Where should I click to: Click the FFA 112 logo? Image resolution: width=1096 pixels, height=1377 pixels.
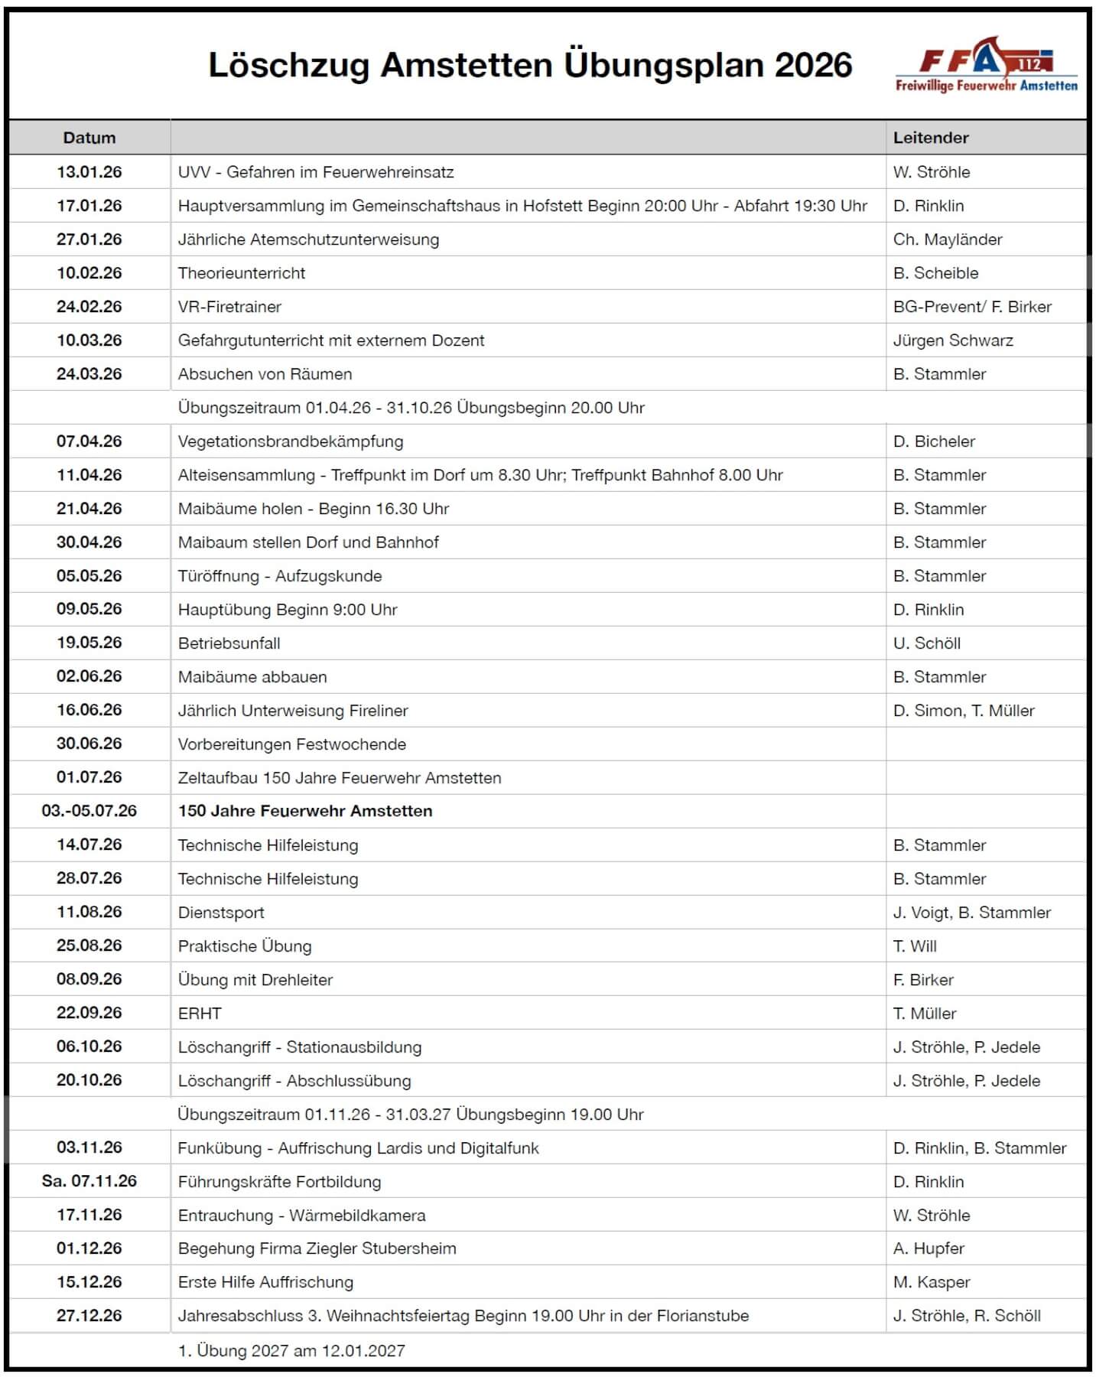(987, 65)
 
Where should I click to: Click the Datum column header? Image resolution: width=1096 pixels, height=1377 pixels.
(89, 138)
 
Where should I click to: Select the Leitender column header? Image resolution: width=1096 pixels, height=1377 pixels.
(931, 138)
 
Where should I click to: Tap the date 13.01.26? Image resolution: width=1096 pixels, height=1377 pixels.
(89, 172)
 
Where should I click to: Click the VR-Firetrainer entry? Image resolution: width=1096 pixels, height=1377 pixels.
(229, 307)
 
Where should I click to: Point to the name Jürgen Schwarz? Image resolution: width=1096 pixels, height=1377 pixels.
(953, 340)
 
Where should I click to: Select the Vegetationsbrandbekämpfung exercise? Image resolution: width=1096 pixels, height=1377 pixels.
(291, 441)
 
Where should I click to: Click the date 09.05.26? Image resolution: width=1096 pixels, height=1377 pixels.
(89, 610)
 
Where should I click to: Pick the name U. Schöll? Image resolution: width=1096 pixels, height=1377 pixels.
(927, 643)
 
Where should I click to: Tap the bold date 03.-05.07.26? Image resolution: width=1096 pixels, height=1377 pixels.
(89, 811)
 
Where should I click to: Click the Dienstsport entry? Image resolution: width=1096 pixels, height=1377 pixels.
(221, 913)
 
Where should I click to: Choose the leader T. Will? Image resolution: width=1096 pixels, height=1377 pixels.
(915, 946)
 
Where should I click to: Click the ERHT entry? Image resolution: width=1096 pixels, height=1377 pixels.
(200, 1014)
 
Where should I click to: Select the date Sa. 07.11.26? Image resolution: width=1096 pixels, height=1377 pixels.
(89, 1181)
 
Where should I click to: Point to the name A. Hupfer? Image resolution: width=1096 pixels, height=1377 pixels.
(929, 1248)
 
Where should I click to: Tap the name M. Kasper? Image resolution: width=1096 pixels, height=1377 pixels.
(932, 1282)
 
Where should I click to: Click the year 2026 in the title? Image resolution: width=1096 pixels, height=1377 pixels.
(813, 65)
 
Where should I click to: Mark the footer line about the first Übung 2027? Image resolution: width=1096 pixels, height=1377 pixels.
(291, 1351)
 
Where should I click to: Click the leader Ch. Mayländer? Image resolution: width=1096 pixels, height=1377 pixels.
(948, 239)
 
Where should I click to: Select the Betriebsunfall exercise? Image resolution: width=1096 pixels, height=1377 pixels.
(229, 643)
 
